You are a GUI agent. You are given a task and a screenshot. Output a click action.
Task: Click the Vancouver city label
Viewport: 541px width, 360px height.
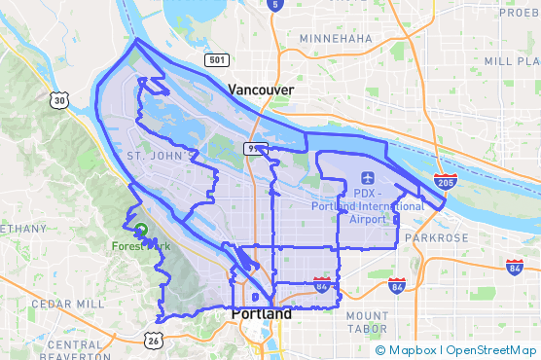pyautogui.click(x=261, y=90)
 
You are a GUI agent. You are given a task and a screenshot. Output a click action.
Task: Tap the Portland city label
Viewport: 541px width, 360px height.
pyautogui.click(x=261, y=315)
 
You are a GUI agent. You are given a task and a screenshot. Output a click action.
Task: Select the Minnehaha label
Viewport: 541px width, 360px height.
pyautogui.click(x=336, y=38)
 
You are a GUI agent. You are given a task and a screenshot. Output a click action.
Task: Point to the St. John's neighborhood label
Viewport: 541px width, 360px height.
pyautogui.click(x=155, y=156)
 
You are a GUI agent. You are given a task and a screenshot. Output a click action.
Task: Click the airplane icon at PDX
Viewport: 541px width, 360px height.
pyautogui.click(x=367, y=179)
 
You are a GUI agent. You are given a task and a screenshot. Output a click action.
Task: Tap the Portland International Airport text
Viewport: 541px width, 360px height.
pyautogui.click(x=368, y=206)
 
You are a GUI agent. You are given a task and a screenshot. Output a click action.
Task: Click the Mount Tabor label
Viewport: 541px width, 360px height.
pyautogui.click(x=367, y=323)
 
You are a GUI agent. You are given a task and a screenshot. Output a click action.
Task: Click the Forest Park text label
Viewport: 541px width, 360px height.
pyautogui.click(x=141, y=246)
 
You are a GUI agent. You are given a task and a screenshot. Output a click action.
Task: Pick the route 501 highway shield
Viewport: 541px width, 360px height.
pyautogui.click(x=217, y=60)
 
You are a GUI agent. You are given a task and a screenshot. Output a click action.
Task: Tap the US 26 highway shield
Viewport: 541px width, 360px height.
pyautogui.click(x=154, y=340)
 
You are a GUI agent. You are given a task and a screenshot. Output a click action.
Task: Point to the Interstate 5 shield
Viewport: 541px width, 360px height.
pyautogui.click(x=275, y=5)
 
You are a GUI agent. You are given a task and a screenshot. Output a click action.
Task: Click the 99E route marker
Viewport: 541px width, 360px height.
pyautogui.click(x=255, y=148)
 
